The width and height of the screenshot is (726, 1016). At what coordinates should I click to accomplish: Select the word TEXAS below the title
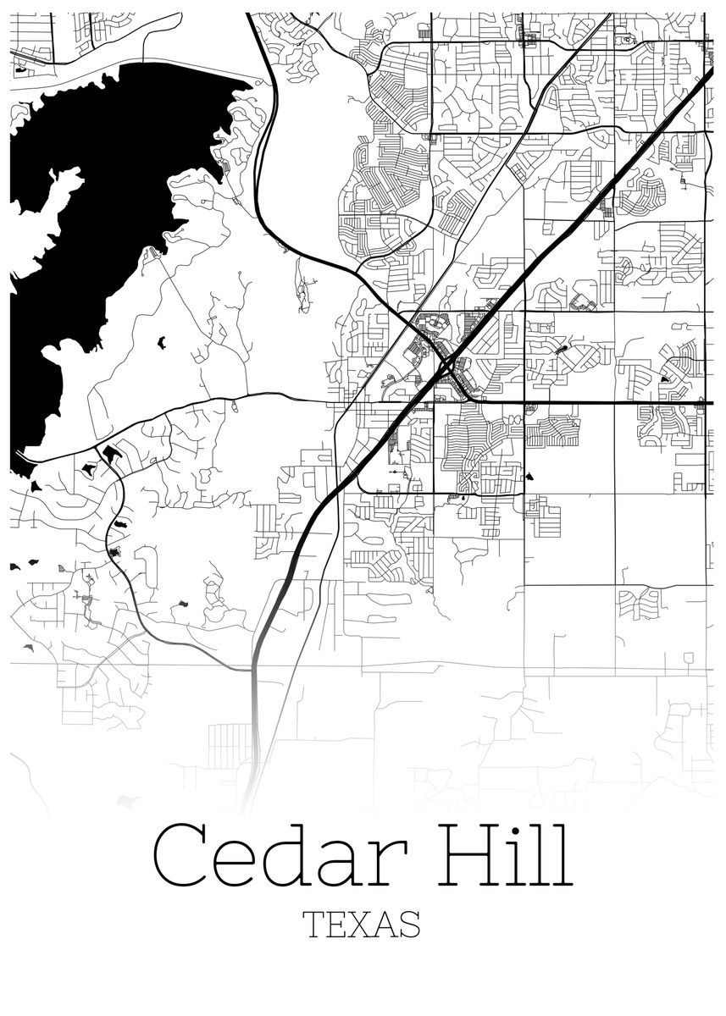coord(362,925)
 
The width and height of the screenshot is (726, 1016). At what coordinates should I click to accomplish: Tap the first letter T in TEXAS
coord(314,925)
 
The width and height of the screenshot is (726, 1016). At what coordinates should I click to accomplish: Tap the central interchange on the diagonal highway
coord(446,366)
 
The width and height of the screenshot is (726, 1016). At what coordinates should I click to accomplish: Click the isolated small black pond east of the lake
coord(161,342)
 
